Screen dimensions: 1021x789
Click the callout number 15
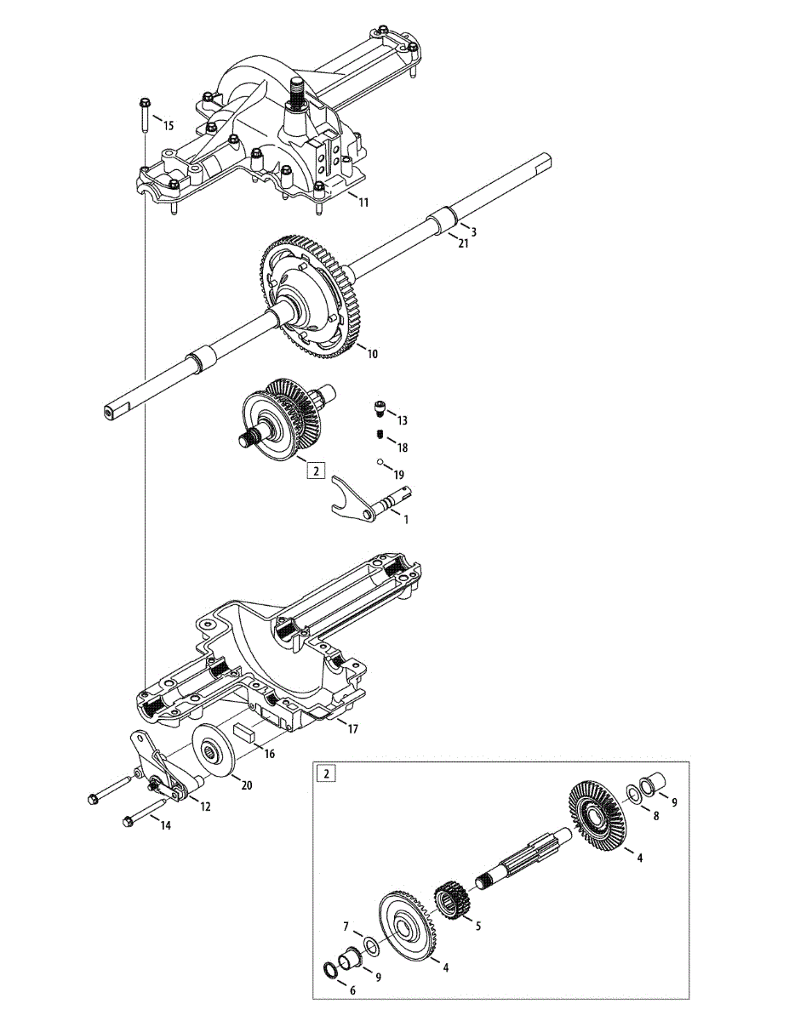(168, 126)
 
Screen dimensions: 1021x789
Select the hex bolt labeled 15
(143, 115)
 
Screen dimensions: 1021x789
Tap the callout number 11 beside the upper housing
(363, 202)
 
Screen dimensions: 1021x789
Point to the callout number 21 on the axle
(464, 244)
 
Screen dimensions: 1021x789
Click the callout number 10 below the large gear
(372, 354)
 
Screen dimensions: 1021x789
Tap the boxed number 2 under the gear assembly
(316, 471)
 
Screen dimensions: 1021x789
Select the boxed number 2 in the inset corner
(328, 774)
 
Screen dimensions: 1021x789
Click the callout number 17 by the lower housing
(353, 729)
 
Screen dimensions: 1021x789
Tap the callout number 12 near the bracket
(205, 807)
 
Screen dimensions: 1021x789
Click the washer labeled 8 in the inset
(633, 794)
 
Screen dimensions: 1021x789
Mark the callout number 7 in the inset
(346, 925)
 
